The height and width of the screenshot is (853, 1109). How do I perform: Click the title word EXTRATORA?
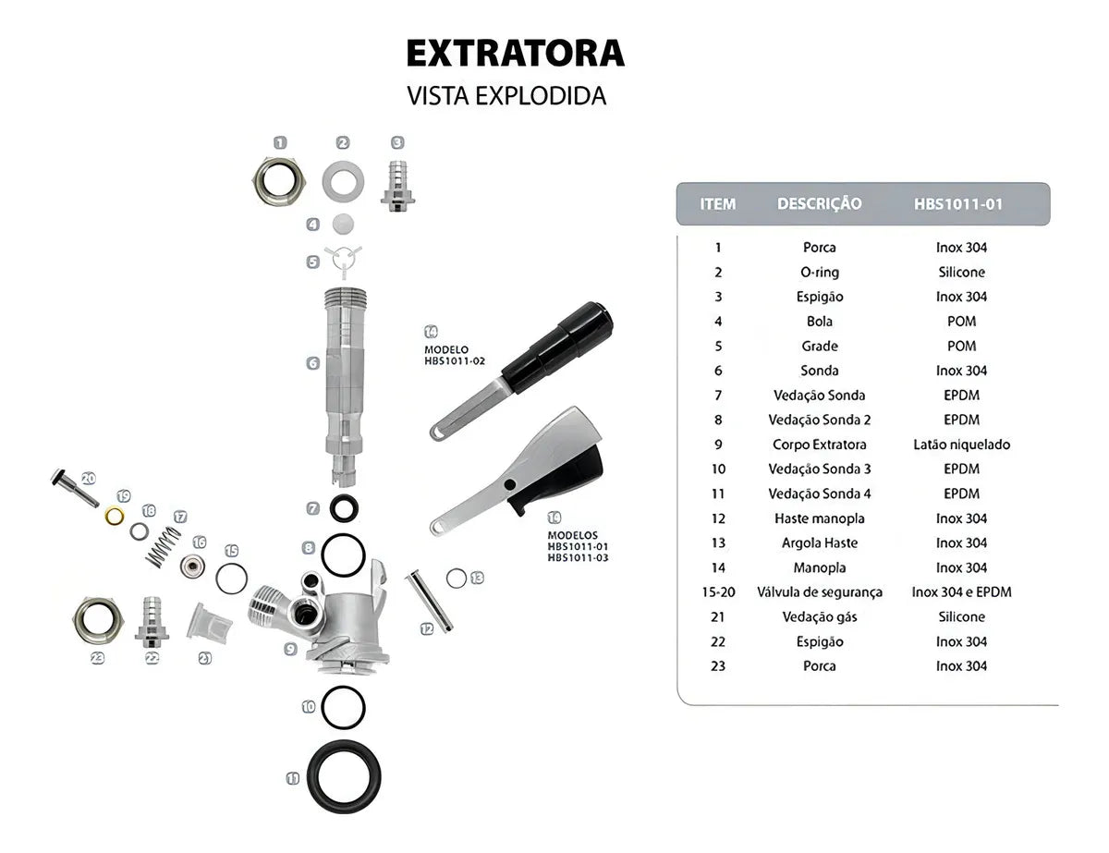pos(515,54)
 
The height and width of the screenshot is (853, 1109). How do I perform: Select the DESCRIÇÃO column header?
pos(819,203)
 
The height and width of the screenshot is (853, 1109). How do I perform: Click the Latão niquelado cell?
pos(961,445)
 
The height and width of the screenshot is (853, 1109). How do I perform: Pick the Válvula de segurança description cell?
pos(819,592)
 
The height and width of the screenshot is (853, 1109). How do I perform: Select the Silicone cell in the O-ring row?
pos(961,273)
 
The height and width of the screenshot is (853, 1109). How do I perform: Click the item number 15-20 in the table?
pos(718,592)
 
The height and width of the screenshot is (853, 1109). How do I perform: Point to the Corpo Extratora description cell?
pos(819,445)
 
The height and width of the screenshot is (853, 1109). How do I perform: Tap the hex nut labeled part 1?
pos(278,181)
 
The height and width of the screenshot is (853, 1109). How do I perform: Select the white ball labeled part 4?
pos(343,224)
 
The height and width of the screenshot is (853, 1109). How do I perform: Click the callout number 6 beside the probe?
pos(313,363)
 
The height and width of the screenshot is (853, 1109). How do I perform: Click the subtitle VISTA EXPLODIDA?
pos(506,96)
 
